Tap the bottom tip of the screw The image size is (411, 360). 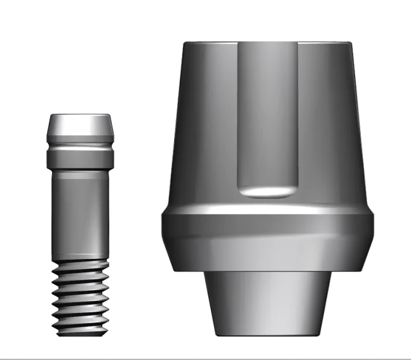pos(79,333)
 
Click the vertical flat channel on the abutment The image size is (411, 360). pos(267,114)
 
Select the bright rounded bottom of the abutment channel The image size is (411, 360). pos(267,190)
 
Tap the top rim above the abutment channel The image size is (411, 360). pos(267,44)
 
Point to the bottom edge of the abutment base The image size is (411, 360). pos(267,335)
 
